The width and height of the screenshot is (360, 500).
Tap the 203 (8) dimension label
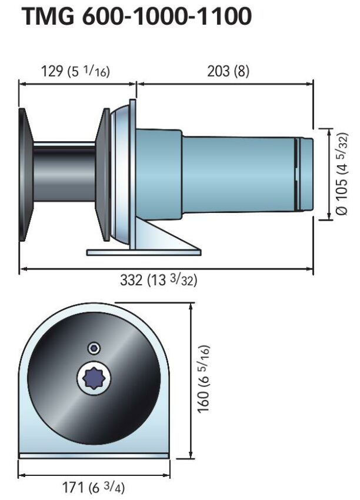(x=228, y=71)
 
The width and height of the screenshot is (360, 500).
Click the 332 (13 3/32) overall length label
(x=159, y=281)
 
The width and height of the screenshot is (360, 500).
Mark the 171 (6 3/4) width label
(x=94, y=487)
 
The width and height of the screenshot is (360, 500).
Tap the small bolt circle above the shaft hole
(x=94, y=348)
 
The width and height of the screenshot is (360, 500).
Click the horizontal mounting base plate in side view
(x=144, y=252)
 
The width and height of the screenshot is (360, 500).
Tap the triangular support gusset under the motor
(x=171, y=235)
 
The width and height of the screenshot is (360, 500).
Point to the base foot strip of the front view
(x=94, y=455)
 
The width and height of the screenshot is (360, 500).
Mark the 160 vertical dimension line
(x=191, y=379)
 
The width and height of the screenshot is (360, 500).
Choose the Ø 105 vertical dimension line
(x=327, y=174)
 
